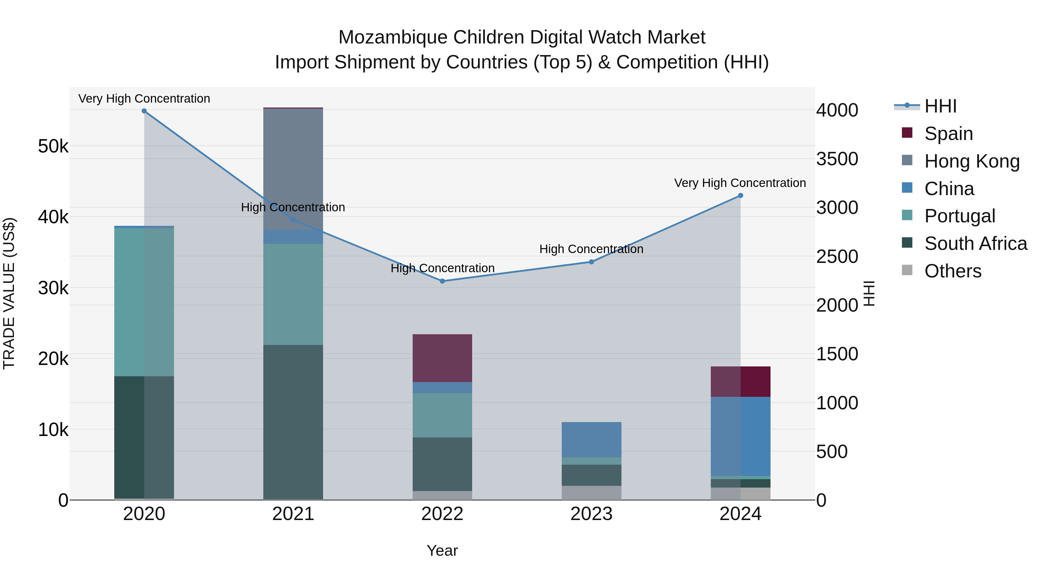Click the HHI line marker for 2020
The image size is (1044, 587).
click(144, 111)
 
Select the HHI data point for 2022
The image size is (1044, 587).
click(442, 281)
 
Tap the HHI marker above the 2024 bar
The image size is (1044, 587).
click(740, 196)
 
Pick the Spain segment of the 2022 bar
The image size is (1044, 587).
click(442, 358)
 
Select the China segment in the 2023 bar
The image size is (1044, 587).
click(591, 439)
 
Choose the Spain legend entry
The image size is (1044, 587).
click(948, 133)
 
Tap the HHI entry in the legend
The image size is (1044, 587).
click(940, 106)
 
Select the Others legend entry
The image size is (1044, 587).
click(952, 271)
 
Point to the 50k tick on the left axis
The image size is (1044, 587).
click(53, 146)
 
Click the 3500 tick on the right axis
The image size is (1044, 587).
click(837, 159)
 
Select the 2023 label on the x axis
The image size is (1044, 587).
click(591, 514)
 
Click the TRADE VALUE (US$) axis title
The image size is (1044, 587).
click(9, 293)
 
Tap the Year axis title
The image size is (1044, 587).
click(442, 550)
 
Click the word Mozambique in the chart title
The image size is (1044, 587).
click(392, 37)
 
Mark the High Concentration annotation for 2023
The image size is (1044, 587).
click(591, 249)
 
